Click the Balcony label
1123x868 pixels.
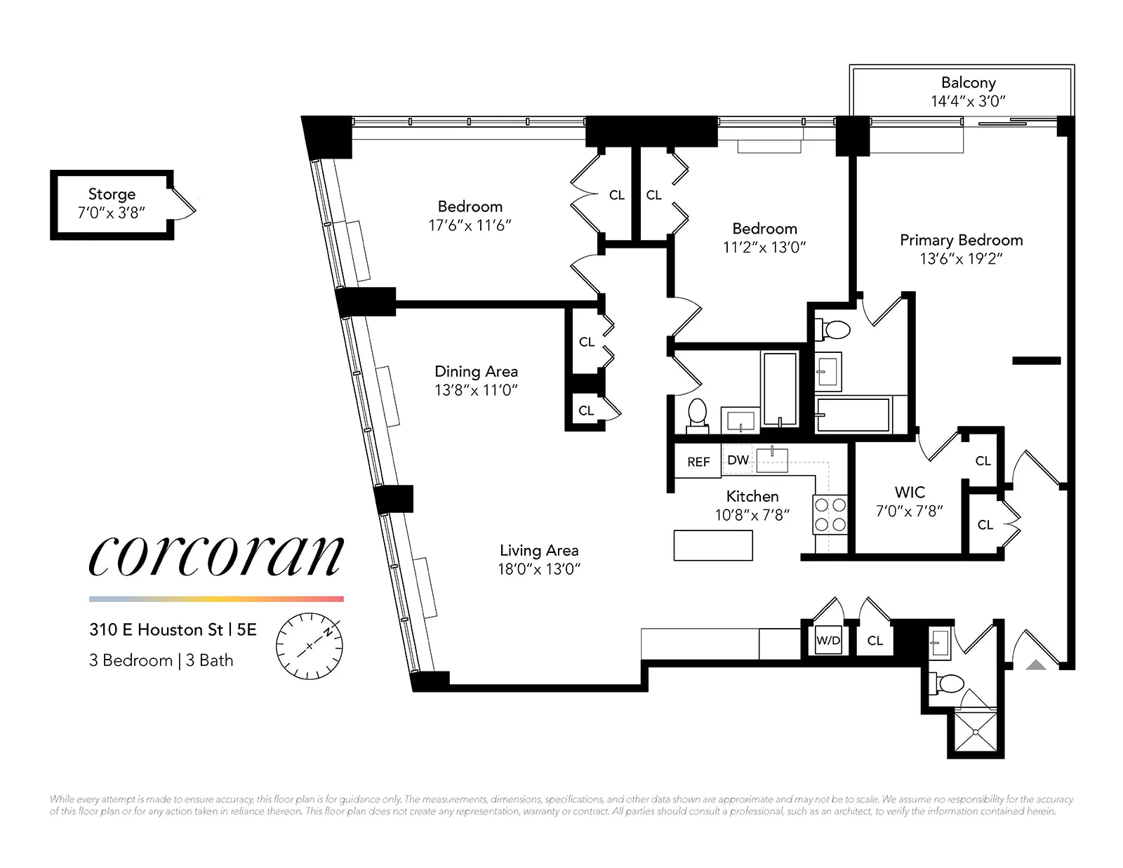pyautogui.click(x=968, y=83)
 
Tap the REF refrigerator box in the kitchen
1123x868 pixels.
pyautogui.click(x=698, y=462)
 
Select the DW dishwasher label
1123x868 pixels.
pyautogui.click(x=738, y=460)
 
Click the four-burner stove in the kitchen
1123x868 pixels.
pyautogui.click(x=830, y=514)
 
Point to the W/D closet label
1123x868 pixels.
pyautogui.click(x=828, y=641)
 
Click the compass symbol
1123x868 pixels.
pyautogui.click(x=309, y=646)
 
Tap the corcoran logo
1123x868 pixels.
pyautogui.click(x=216, y=554)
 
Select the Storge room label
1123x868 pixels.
pyautogui.click(x=112, y=194)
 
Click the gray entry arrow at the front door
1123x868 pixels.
pyautogui.click(x=1036, y=664)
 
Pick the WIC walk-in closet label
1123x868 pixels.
pyautogui.click(x=910, y=492)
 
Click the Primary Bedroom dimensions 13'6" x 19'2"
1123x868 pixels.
pyautogui.click(x=961, y=259)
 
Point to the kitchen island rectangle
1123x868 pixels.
pyautogui.click(x=712, y=545)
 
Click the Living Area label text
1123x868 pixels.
pyautogui.click(x=539, y=551)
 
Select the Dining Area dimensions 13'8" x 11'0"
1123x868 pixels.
pyautogui.click(x=476, y=390)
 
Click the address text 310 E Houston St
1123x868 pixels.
pyautogui.click(x=173, y=629)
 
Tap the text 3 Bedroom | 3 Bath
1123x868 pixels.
pyautogui.click(x=161, y=660)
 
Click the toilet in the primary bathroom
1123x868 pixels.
pyautogui.click(x=835, y=329)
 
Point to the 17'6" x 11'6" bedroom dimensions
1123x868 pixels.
pyautogui.click(x=470, y=225)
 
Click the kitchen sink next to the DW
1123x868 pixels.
pyautogui.click(x=772, y=460)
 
